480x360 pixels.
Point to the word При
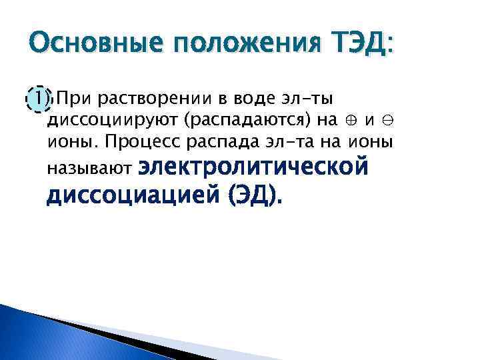pos(74,100)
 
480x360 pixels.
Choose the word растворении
pos(153,100)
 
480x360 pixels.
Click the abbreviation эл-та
pos(295,143)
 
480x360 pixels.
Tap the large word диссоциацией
pos(133,195)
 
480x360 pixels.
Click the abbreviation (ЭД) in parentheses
pos(255,195)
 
